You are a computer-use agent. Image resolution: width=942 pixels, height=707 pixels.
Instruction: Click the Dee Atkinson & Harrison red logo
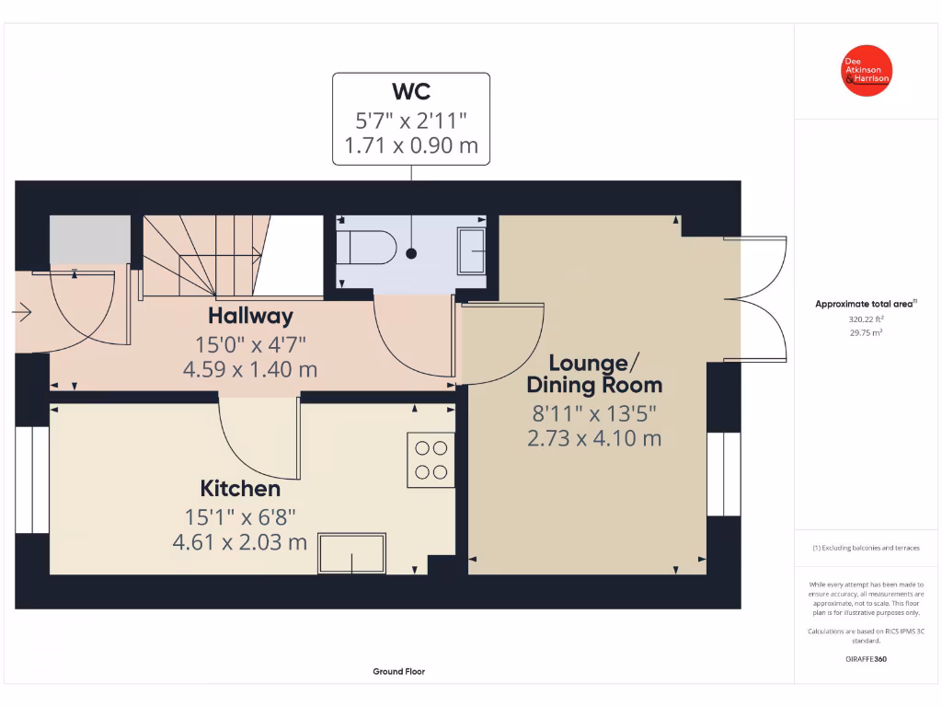click(867, 71)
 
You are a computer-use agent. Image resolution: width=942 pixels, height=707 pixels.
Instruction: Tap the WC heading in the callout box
click(411, 92)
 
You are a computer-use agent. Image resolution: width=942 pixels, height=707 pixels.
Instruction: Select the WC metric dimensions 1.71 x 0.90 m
click(411, 145)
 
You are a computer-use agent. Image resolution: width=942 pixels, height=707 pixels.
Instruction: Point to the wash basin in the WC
click(473, 250)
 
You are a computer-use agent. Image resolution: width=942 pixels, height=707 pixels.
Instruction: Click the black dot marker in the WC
click(411, 253)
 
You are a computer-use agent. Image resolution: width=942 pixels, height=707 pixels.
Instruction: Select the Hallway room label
click(250, 316)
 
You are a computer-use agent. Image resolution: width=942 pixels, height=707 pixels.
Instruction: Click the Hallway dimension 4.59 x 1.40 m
click(250, 370)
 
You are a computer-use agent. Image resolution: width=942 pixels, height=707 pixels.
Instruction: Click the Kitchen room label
click(240, 489)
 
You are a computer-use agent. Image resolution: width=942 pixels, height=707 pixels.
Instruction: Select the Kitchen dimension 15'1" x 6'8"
click(240, 517)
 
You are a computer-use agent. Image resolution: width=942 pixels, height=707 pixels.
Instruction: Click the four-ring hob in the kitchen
click(431, 460)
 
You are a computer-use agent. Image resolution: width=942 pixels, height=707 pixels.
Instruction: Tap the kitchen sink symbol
click(353, 553)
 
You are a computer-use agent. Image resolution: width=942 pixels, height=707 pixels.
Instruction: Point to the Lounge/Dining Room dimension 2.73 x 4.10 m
click(594, 438)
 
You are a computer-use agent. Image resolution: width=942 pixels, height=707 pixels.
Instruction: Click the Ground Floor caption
click(398, 672)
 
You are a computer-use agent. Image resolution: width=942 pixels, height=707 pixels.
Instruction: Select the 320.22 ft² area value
click(866, 319)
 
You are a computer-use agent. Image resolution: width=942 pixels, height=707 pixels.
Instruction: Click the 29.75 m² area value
click(866, 333)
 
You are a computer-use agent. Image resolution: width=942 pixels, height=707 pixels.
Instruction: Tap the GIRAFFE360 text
click(866, 659)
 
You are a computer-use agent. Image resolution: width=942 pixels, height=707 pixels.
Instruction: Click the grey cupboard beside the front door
click(89, 240)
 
